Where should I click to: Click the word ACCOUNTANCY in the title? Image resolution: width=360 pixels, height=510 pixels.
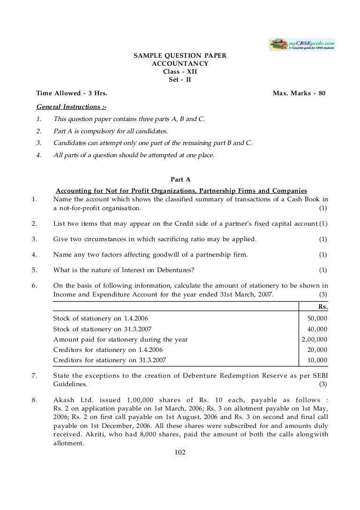click(x=180, y=63)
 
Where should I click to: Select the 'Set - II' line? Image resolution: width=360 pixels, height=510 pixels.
click(x=180, y=79)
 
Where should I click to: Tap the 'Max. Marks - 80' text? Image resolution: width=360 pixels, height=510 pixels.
click(x=299, y=93)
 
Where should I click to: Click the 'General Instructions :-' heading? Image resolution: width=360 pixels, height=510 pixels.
click(x=68, y=107)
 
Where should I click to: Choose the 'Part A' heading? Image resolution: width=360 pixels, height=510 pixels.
click(x=180, y=179)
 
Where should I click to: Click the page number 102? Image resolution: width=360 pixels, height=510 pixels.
click(x=180, y=452)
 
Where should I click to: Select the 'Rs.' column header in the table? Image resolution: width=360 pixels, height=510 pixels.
click(x=322, y=306)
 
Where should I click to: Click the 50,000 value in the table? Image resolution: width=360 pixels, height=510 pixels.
click(x=317, y=319)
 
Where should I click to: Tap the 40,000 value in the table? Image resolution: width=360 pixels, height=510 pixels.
click(x=317, y=329)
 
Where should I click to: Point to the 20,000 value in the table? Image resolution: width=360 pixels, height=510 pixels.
click(x=317, y=350)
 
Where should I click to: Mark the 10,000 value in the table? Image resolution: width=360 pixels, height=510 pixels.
click(x=317, y=360)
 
